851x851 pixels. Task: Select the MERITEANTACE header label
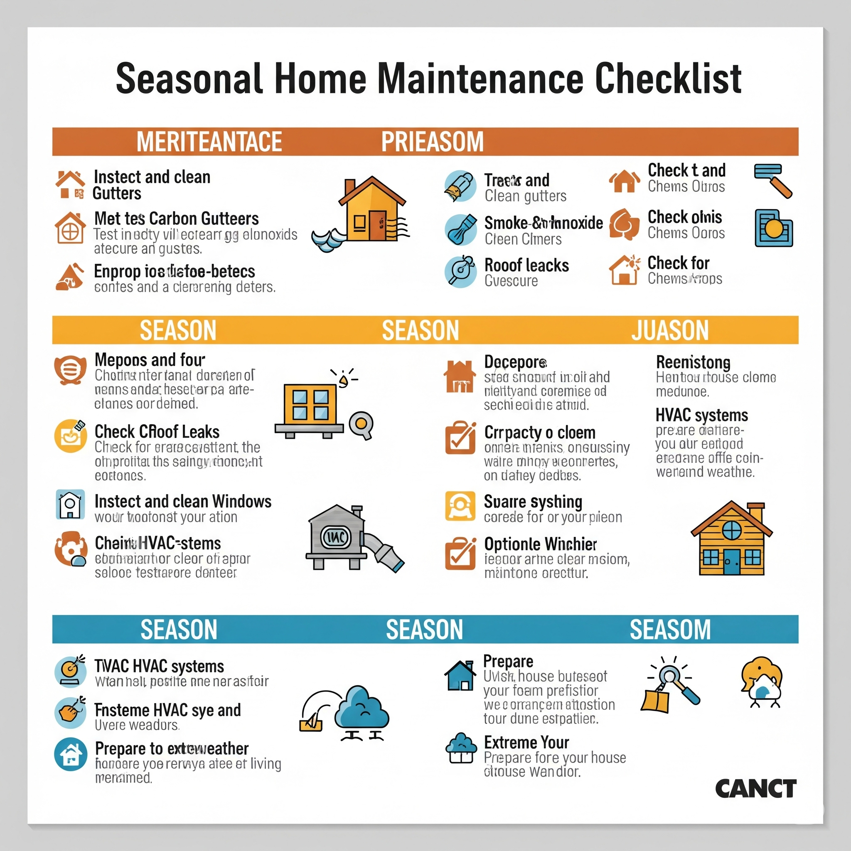[x=209, y=142]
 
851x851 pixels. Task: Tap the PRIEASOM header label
[x=432, y=142]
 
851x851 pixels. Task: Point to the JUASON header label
[x=670, y=330]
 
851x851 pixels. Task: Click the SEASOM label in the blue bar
[x=670, y=630]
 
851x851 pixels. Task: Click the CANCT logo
[x=755, y=788]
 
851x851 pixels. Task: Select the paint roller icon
[x=772, y=180]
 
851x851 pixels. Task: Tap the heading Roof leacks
[x=526, y=266]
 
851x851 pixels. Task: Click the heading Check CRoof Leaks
[x=157, y=432]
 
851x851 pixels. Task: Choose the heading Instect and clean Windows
[x=183, y=501]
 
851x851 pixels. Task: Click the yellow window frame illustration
[x=310, y=404]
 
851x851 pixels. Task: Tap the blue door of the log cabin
[x=732, y=562]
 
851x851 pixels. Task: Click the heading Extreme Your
[x=526, y=743]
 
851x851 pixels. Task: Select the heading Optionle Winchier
[x=540, y=544]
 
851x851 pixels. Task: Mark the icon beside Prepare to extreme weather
[x=71, y=754]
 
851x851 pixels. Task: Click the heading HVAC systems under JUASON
[x=701, y=416]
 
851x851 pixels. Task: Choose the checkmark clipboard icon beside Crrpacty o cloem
[x=460, y=438]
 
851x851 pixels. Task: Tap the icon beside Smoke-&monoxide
[x=460, y=229]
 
